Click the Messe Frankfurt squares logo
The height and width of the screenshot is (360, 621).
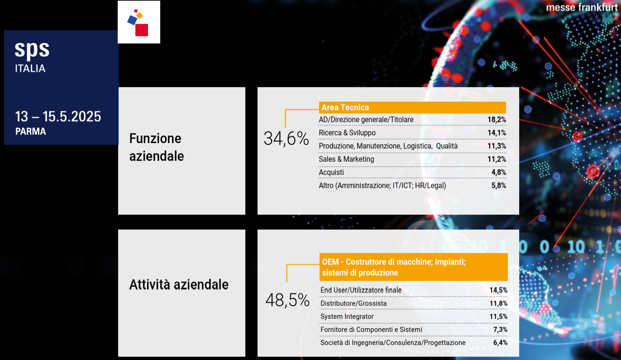point(139,22)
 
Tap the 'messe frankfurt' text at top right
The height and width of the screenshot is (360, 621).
point(581,8)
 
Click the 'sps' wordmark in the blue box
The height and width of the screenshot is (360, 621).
point(32,49)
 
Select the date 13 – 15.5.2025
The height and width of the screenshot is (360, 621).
point(58,117)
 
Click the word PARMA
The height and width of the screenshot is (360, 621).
point(30,132)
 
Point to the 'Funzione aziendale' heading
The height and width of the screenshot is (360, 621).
point(156,147)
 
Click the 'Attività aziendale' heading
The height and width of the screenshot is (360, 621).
point(179,285)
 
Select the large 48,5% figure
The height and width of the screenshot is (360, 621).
point(287,300)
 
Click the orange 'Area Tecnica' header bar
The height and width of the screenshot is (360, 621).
point(412,107)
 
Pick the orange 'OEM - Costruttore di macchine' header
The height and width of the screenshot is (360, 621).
point(413,267)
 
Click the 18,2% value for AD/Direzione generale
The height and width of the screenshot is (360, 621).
point(497,120)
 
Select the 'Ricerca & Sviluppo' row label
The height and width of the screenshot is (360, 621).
point(347,133)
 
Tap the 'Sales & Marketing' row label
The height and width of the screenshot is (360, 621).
point(346,159)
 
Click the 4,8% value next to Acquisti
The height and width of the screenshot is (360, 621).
point(498,173)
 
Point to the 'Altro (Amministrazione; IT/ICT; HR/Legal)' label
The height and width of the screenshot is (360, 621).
point(382,186)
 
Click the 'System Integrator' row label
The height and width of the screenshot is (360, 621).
point(347,317)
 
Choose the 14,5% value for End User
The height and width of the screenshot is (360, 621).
point(498,290)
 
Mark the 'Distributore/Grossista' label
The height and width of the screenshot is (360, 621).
point(353,303)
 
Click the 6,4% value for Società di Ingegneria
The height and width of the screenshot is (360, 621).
point(500,343)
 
